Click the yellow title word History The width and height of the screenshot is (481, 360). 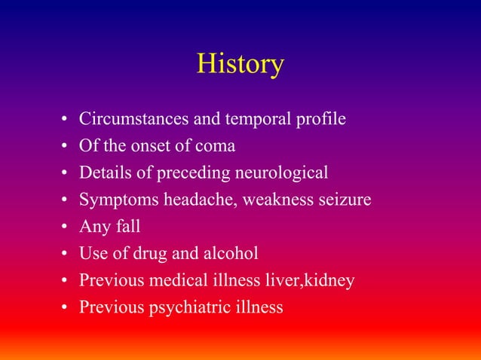click(240, 64)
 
